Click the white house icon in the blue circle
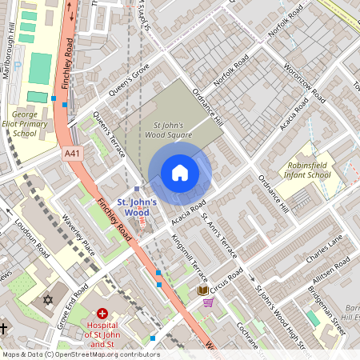[180, 172]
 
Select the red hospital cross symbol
[102, 314]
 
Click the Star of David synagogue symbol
[47, 300]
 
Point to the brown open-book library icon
[203, 290]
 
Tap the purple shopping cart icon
[208, 302]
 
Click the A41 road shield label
[73, 152]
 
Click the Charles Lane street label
[324, 247]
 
